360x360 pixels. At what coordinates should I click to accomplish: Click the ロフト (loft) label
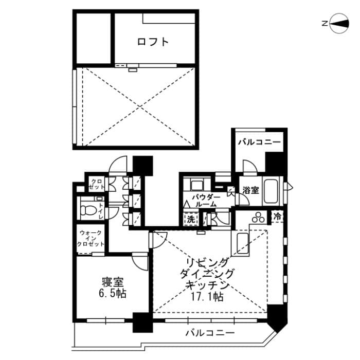click(x=153, y=42)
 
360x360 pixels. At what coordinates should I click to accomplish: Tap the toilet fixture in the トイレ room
click(x=88, y=210)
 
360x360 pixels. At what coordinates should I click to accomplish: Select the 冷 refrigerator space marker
click(x=278, y=217)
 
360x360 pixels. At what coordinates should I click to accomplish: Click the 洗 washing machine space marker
click(x=190, y=219)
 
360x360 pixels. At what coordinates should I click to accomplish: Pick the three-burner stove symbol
click(x=258, y=218)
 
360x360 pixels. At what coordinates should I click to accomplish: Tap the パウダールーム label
click(x=206, y=201)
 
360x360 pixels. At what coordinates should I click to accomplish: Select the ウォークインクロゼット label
click(x=91, y=239)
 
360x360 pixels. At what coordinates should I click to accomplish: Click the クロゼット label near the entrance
click(x=96, y=184)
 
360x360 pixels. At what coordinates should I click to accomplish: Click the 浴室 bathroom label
click(x=250, y=190)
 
